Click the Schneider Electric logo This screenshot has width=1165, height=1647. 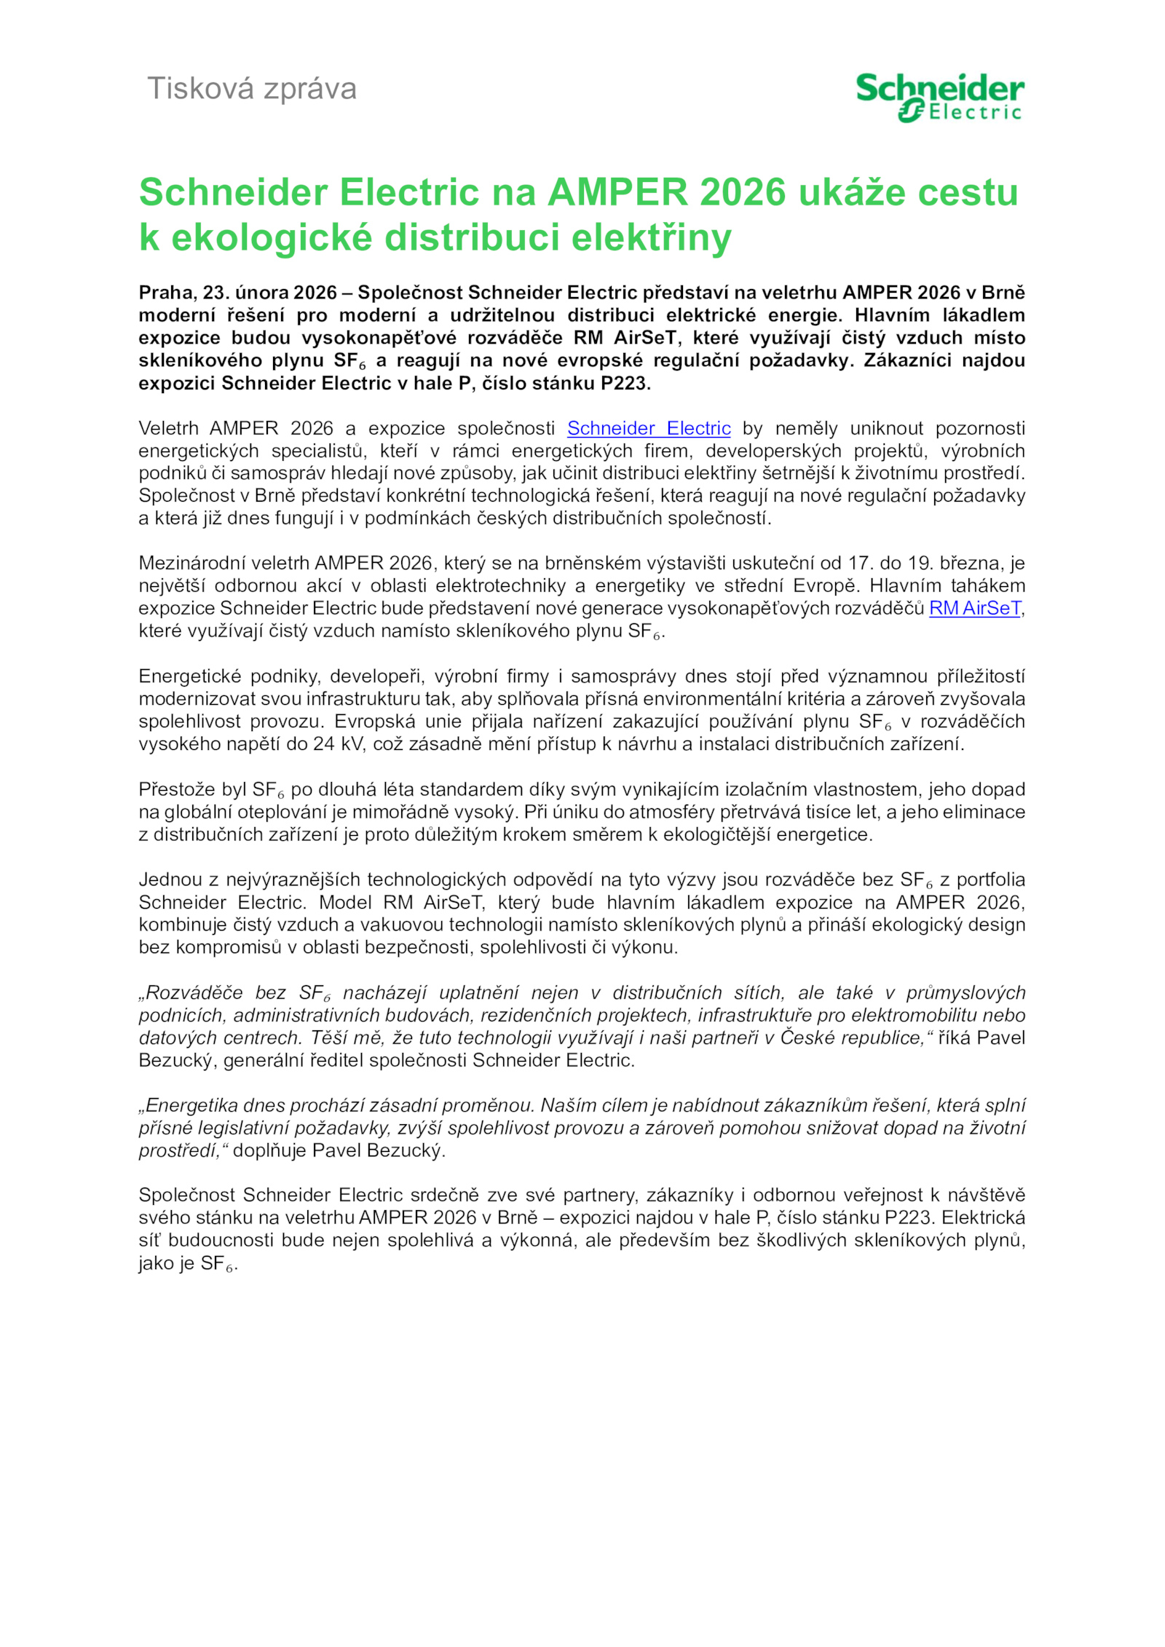pyautogui.click(x=939, y=97)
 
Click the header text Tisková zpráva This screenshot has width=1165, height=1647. pyautogui.click(x=252, y=89)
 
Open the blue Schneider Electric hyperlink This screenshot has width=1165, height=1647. pyautogui.click(x=649, y=428)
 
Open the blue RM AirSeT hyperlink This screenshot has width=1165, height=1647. pyautogui.click(x=975, y=608)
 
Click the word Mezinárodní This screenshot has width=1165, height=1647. pyautogui.click(x=187, y=563)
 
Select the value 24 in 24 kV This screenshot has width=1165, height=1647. pyautogui.click(x=323, y=744)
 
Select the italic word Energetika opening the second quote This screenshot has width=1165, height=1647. pyautogui.click(x=191, y=1105)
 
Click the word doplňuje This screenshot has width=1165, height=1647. pyautogui.click(x=269, y=1150)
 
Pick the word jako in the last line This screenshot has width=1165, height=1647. pyautogui.click(x=156, y=1263)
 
